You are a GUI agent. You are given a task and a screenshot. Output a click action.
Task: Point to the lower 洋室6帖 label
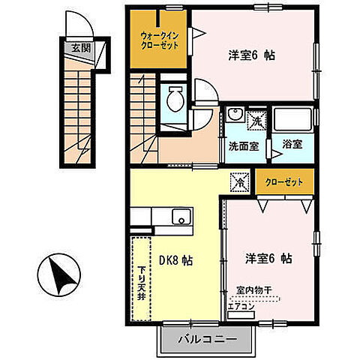[x=268, y=258]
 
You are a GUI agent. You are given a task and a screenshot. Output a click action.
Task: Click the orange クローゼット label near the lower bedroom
[x=282, y=181]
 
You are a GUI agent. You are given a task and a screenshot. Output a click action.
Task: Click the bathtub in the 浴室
[x=291, y=120]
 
